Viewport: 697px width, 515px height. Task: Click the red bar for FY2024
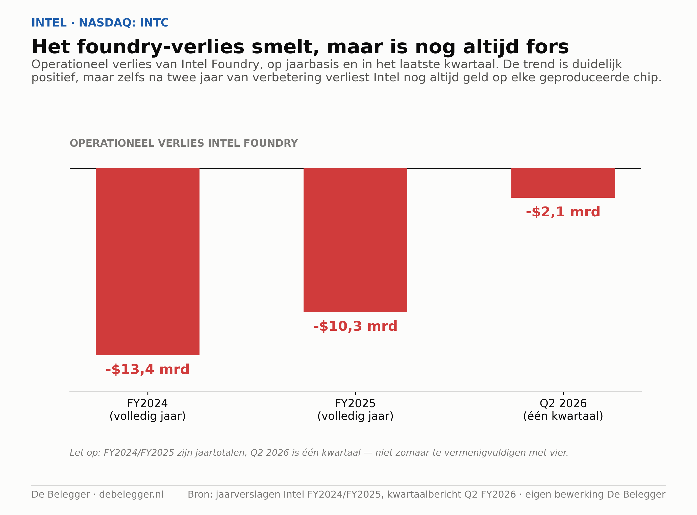147,262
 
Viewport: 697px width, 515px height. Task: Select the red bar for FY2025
355,240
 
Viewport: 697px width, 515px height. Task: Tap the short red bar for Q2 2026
563,183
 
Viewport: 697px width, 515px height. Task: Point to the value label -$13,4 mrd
147,369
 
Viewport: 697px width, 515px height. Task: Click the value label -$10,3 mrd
355,326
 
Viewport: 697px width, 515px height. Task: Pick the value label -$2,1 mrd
563,212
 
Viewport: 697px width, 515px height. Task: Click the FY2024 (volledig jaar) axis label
147,410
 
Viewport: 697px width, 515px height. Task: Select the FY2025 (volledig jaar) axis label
355,410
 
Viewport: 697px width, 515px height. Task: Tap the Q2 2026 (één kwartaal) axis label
563,410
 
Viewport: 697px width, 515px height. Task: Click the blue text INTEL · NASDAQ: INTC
100,23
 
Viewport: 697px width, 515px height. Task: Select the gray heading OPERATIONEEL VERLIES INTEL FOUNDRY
184,143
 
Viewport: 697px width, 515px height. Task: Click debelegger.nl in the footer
131,494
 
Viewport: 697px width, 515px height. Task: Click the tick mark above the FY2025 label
356,393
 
